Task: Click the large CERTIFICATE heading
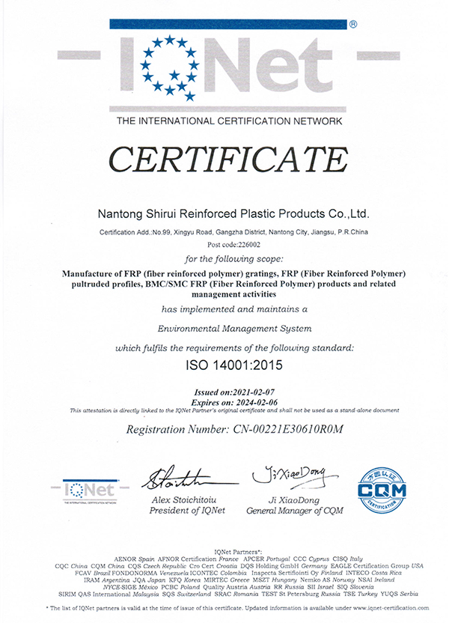click(x=225, y=159)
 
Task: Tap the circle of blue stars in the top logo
click(x=171, y=68)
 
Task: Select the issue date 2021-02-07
click(x=253, y=392)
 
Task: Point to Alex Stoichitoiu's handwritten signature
click(x=177, y=477)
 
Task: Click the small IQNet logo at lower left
click(x=89, y=493)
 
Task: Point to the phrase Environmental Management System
click(x=225, y=328)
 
